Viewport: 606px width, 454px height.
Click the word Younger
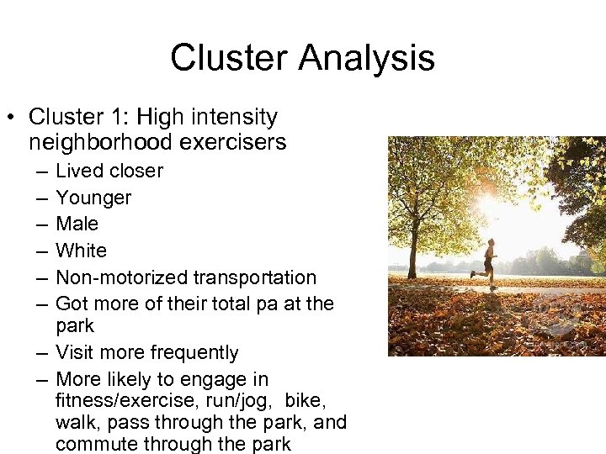[x=93, y=198]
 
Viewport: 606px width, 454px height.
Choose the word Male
[x=77, y=224]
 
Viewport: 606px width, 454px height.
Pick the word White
[x=81, y=251]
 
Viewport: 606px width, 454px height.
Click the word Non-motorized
[x=122, y=277]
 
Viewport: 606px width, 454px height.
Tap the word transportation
[x=255, y=277]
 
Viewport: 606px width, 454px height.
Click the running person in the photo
[x=486, y=263]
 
